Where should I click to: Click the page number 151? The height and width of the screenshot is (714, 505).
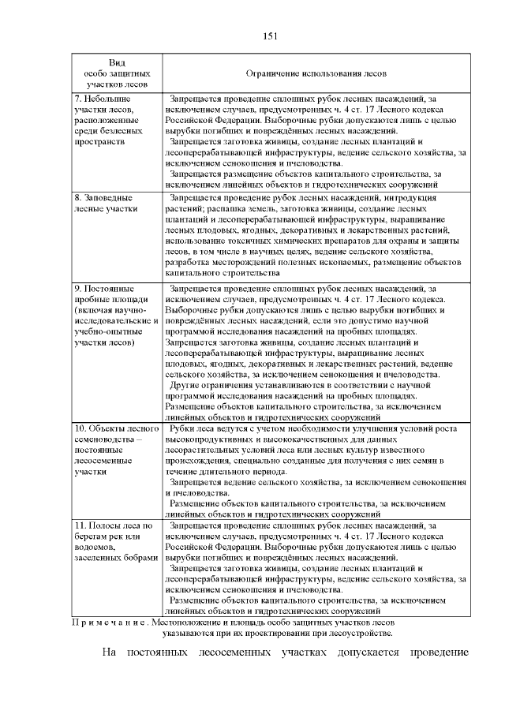coord(268,36)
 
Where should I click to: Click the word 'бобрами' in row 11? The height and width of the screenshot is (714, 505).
coord(144,557)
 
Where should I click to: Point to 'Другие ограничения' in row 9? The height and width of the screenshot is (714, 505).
coord(208,385)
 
